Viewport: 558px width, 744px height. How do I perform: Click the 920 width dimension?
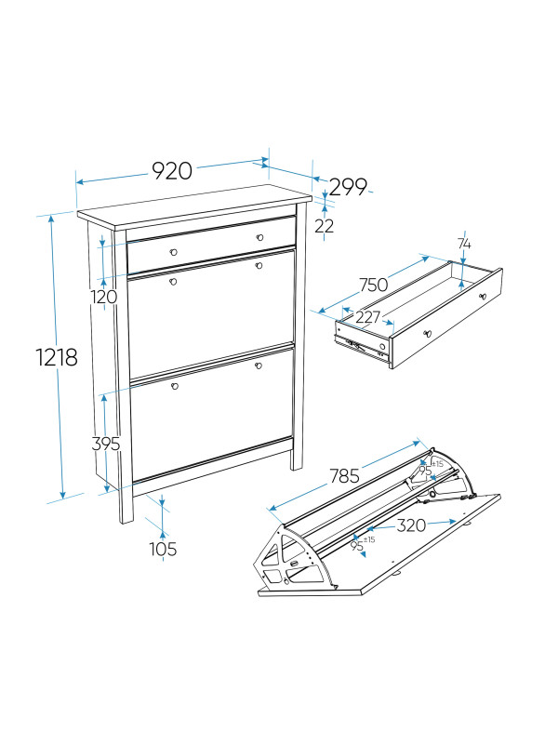(x=172, y=171)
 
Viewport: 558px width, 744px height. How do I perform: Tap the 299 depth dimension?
(x=348, y=188)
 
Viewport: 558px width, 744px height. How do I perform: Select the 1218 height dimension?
(x=57, y=357)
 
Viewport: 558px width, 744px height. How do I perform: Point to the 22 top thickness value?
(x=324, y=226)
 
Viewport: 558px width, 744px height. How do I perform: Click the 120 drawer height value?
(x=103, y=297)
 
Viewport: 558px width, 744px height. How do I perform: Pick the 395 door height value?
(x=106, y=445)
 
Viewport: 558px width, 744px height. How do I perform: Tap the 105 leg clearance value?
(x=163, y=549)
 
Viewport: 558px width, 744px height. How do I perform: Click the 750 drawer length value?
(x=374, y=286)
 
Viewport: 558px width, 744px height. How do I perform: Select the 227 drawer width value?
(x=367, y=317)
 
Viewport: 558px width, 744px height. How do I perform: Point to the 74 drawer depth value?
(x=464, y=244)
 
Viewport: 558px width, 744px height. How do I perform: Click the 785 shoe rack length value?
(x=344, y=476)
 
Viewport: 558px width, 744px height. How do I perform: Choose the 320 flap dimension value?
(x=411, y=525)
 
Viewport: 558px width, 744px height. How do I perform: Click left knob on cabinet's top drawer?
(x=174, y=252)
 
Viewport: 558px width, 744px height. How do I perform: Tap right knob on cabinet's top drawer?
(x=259, y=237)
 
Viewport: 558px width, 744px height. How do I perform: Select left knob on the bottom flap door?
(x=175, y=386)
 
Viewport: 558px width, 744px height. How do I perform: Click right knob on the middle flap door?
(x=259, y=266)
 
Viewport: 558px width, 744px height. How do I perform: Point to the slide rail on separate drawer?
(x=362, y=345)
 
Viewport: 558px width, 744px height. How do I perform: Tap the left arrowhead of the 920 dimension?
(x=80, y=181)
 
